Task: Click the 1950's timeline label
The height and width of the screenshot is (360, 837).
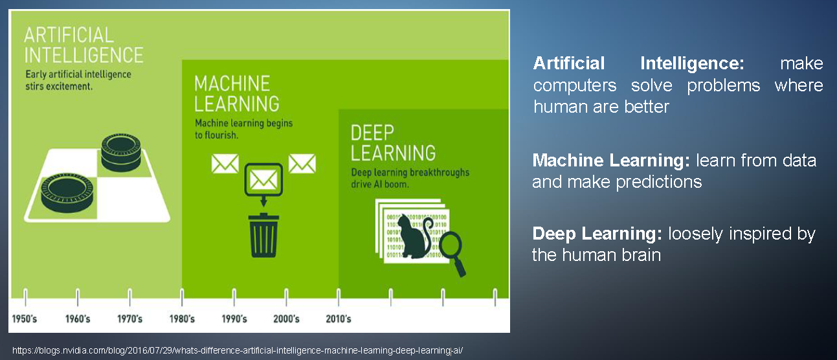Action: [25, 319]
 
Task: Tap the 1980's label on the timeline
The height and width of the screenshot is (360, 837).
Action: [182, 319]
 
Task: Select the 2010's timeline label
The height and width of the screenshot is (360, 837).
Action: [339, 319]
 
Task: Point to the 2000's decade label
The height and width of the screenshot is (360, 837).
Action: [286, 319]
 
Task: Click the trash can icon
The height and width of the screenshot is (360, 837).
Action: [264, 236]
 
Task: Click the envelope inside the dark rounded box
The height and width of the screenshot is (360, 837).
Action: [263, 180]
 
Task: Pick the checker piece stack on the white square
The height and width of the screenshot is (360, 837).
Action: [121, 152]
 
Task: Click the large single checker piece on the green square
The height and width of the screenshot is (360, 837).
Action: [67, 193]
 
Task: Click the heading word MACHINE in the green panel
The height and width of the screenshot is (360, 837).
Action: [232, 84]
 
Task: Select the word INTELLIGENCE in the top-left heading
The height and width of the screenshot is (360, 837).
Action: [84, 55]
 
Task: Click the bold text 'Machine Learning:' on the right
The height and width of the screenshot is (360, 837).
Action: [611, 161]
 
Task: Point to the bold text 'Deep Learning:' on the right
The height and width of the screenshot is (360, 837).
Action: [597, 234]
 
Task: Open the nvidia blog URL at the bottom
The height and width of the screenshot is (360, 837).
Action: [238, 350]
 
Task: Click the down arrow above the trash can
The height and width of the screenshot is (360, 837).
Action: [263, 201]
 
